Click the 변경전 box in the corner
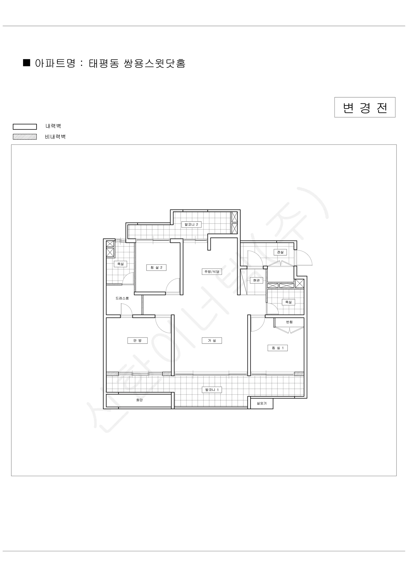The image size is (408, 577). click(x=365, y=107)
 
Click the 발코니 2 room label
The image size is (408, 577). click(x=192, y=224)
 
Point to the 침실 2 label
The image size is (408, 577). click(x=156, y=268)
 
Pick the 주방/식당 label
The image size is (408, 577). click(x=212, y=272)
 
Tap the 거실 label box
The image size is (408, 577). click(x=212, y=340)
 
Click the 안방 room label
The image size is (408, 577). click(x=137, y=340)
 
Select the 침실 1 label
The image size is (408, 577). click(x=278, y=348)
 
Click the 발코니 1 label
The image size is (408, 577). click(x=212, y=390)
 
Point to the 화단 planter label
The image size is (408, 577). click(x=139, y=400)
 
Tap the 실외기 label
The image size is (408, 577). click(x=261, y=403)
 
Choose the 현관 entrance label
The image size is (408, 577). click(x=257, y=281)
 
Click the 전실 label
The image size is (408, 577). click(x=280, y=252)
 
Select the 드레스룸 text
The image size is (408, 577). click(x=122, y=298)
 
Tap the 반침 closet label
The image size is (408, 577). click(x=289, y=322)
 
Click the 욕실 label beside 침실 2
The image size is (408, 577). click(x=121, y=264)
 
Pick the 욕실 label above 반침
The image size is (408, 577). click(x=288, y=302)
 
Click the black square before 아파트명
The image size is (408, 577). click(x=27, y=63)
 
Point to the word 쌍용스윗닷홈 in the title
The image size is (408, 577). click(x=155, y=63)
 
